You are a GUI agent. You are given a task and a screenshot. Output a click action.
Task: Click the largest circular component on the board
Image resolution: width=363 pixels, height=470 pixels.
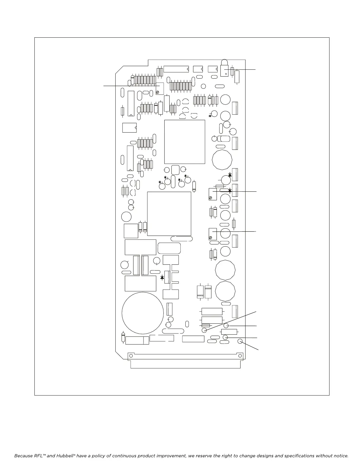(x=143, y=313)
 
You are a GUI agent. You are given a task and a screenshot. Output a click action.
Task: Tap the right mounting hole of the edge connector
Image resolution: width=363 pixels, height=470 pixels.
(x=239, y=355)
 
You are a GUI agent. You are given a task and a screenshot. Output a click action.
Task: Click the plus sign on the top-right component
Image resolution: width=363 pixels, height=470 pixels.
(x=226, y=73)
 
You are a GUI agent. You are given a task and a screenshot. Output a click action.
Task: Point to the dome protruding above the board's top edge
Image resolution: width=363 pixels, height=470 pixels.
(x=225, y=62)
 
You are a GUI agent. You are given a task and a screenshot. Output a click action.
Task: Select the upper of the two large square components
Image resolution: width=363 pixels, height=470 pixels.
(x=184, y=142)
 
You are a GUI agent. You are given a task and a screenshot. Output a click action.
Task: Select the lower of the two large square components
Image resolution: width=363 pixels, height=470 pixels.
(x=169, y=214)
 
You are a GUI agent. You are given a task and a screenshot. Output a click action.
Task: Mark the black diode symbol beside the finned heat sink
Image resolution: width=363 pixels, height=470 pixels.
(x=162, y=278)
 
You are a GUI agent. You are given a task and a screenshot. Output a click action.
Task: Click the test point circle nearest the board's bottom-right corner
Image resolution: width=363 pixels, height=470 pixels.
(x=240, y=342)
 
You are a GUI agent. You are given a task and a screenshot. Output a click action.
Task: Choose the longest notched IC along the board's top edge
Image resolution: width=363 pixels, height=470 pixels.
(x=176, y=69)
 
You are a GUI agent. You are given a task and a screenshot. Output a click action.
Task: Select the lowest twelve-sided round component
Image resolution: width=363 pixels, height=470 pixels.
(x=225, y=291)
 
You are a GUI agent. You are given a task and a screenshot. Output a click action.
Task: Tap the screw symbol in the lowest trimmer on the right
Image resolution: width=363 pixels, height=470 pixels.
(x=210, y=238)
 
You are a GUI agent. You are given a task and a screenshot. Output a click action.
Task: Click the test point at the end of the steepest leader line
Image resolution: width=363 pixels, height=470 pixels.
(x=204, y=330)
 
